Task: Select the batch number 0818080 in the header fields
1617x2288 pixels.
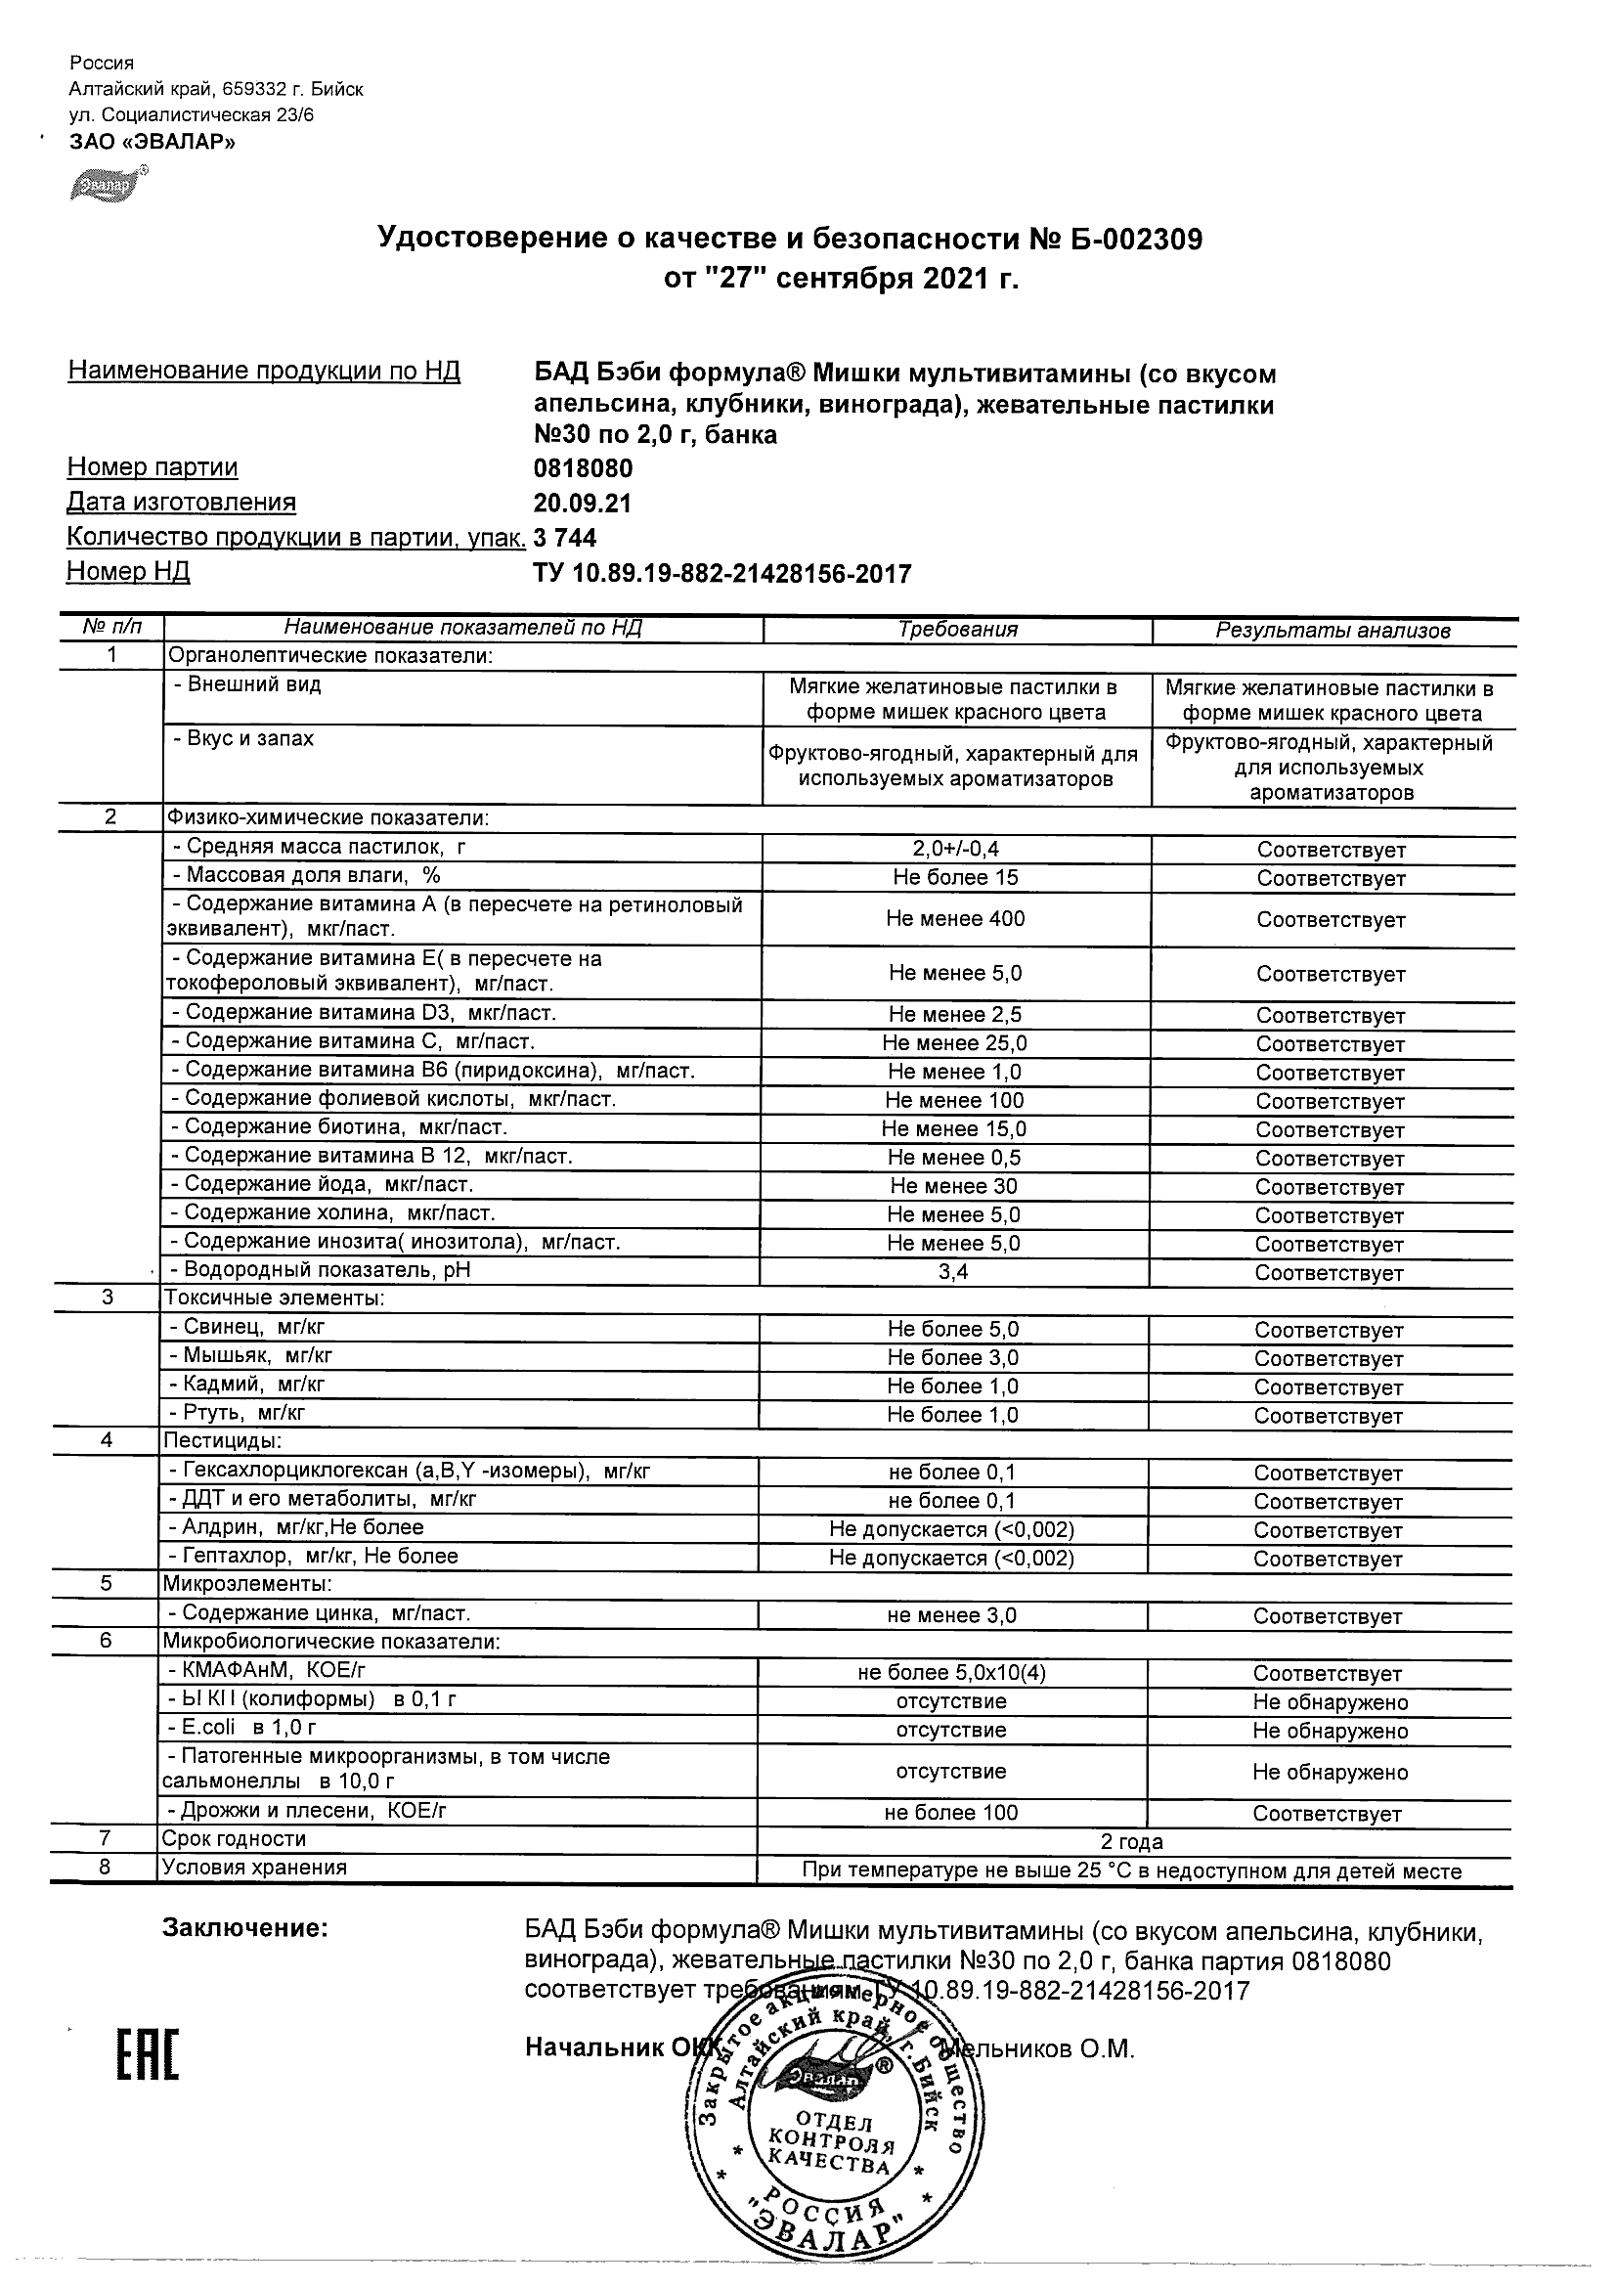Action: [x=583, y=468]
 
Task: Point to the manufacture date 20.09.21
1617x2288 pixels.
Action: [x=582, y=504]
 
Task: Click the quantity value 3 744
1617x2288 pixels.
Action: [x=565, y=538]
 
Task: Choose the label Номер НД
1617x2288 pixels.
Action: [x=127, y=572]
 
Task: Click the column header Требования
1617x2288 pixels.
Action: [x=957, y=630]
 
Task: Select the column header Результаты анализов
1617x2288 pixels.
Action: [x=1333, y=631]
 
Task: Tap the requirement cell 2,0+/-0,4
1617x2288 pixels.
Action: [x=955, y=850]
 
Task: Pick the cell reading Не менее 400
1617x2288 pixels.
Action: [x=955, y=919]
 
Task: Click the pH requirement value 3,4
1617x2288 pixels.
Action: [x=953, y=1272]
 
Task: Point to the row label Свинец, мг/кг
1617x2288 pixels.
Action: [x=246, y=1327]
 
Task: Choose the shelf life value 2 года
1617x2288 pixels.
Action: [x=1132, y=1841]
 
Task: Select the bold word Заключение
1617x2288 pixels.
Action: [x=245, y=1928]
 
